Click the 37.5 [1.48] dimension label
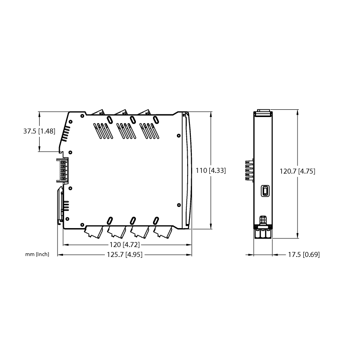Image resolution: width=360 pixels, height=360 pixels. click(39, 131)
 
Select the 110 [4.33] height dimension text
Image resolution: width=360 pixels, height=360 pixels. click(211, 171)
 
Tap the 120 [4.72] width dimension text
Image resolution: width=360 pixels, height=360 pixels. click(125, 245)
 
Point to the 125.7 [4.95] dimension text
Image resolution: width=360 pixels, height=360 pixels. click(125, 255)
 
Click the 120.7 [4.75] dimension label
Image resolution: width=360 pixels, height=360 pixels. click(297, 171)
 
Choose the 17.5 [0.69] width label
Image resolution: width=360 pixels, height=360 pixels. click(304, 255)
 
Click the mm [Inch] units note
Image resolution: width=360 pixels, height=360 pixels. click(37, 254)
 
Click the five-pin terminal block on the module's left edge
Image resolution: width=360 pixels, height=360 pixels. click(63, 170)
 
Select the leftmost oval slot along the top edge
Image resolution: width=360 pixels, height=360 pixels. click(110, 120)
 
